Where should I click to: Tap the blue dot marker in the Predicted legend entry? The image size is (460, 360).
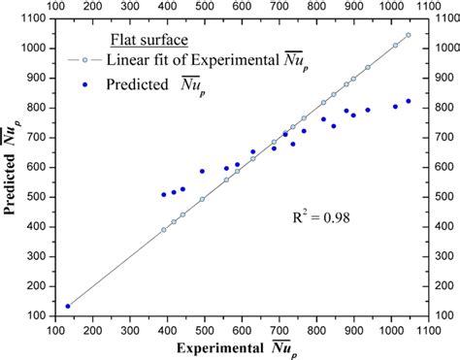tap(86, 84)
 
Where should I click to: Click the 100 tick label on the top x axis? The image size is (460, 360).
tap(55, 8)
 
